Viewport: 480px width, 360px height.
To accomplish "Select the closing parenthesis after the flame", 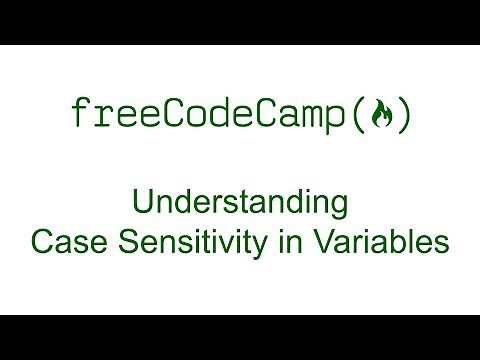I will coord(401,116).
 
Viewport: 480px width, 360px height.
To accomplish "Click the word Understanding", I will coord(239,205).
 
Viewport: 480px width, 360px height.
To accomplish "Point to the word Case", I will coord(62,242).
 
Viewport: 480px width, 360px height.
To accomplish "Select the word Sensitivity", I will coord(181,242).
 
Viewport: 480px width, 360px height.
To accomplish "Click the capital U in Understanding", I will coord(141,205).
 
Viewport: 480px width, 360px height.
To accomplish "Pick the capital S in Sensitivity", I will coord(114,242).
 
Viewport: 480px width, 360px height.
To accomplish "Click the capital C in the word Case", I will coord(41,242).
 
